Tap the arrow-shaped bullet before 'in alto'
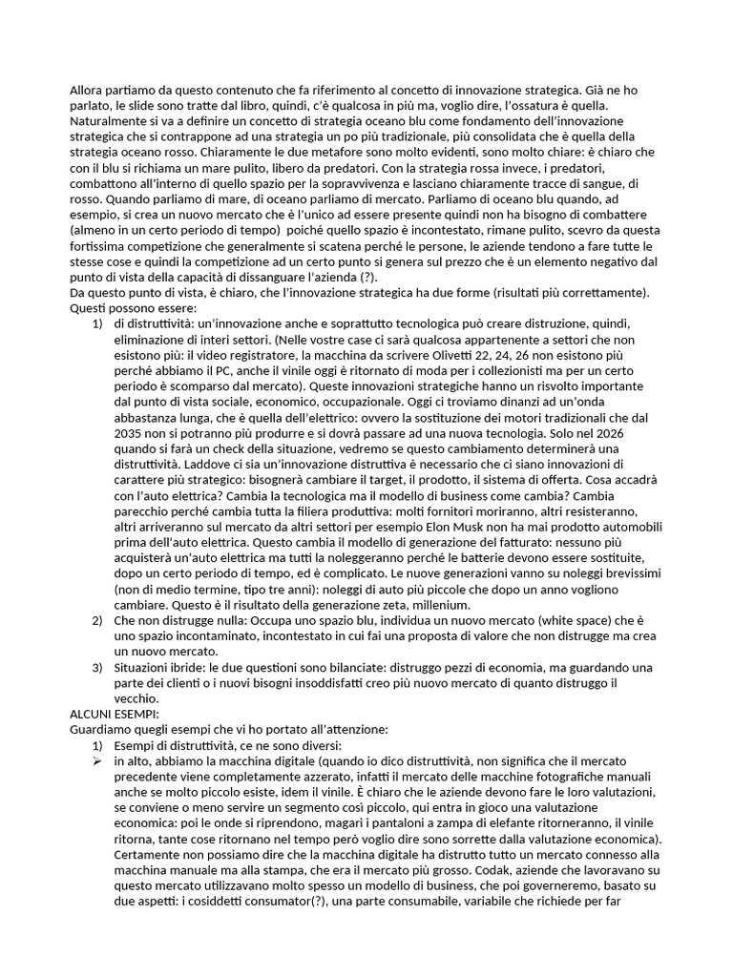pos(97,760)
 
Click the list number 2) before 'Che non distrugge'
pos(97,620)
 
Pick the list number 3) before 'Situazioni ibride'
pos(97,666)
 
